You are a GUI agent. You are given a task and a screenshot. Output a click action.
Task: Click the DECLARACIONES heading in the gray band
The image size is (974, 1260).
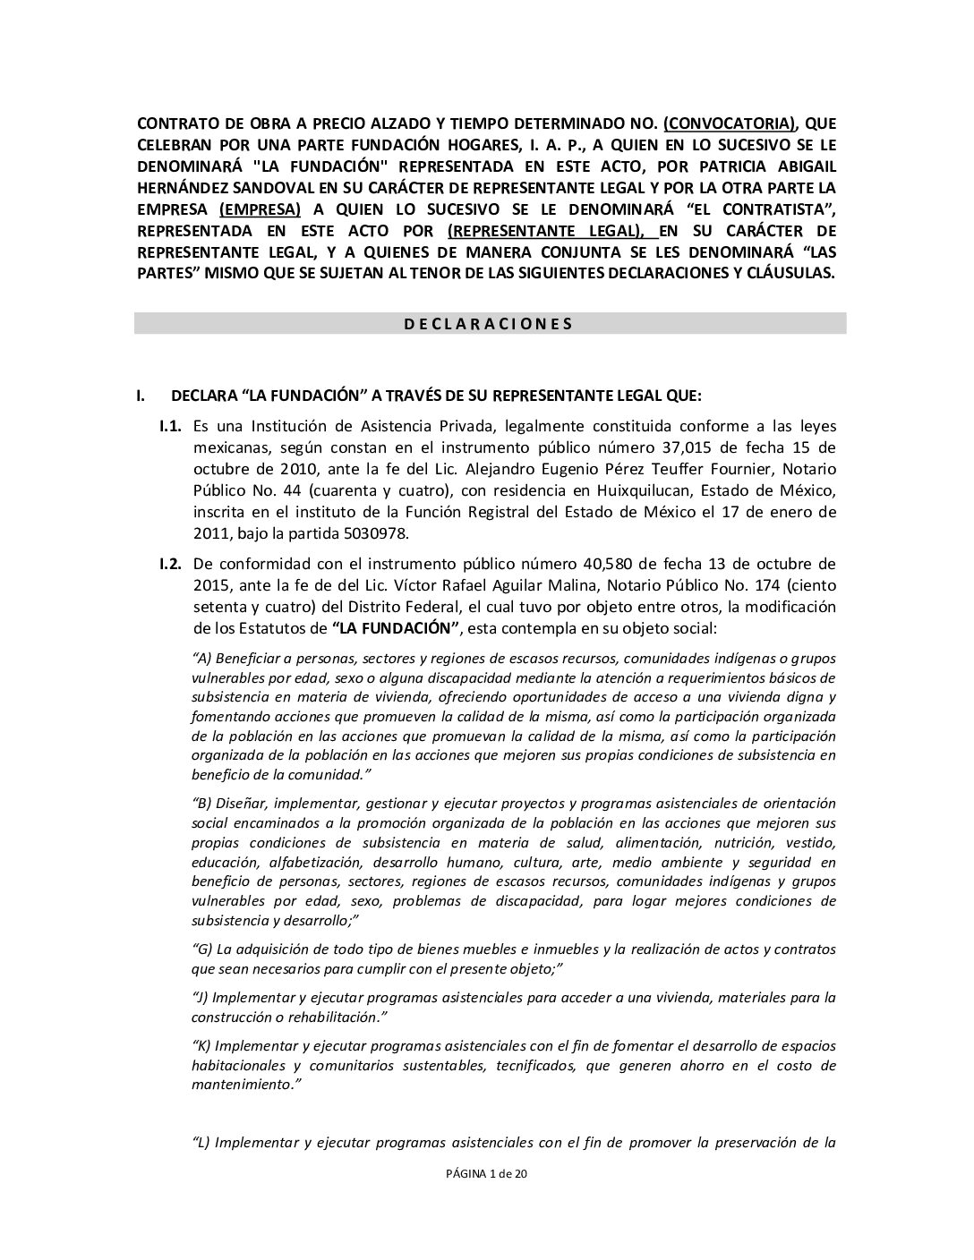click(488, 324)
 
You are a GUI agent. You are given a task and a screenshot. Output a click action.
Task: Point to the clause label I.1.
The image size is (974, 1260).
click(171, 426)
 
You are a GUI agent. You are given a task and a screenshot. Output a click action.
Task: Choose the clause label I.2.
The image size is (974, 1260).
click(171, 564)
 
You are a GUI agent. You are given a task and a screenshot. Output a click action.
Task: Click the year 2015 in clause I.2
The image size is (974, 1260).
click(212, 585)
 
